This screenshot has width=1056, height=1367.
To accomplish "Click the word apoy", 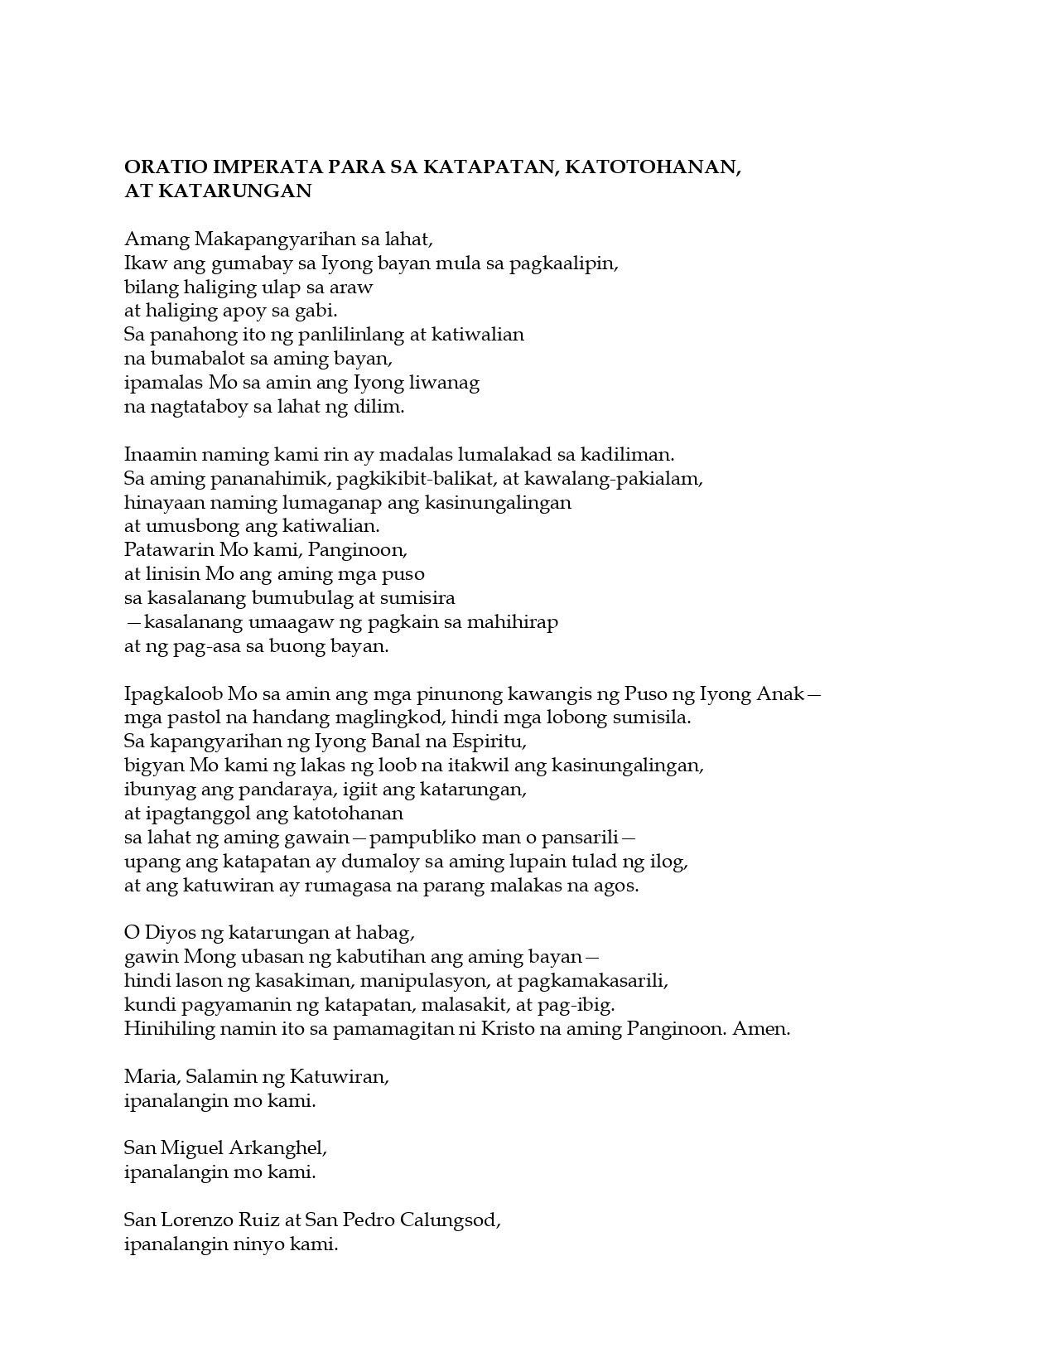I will tap(254, 312).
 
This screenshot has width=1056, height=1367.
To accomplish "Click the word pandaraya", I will tap(282, 790).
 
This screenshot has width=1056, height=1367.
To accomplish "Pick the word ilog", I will tap(669, 862).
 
